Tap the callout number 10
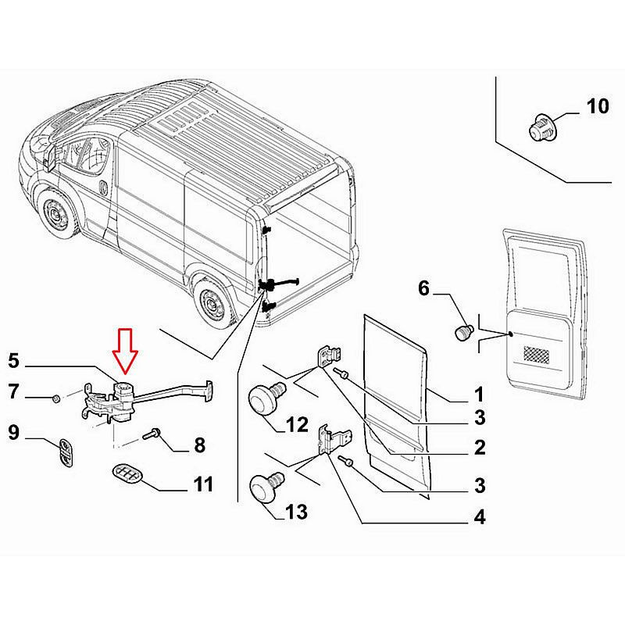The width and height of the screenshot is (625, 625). (x=597, y=106)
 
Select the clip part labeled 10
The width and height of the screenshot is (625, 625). (x=541, y=127)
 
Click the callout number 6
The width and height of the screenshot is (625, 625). (x=424, y=288)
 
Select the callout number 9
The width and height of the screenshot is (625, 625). (x=13, y=430)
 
